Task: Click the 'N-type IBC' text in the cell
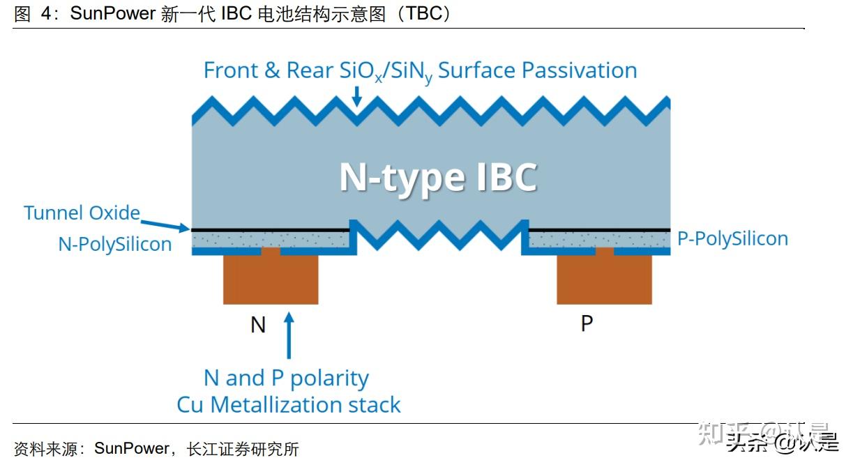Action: (x=438, y=177)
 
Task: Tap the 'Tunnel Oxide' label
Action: (x=82, y=213)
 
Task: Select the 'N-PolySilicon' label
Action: (x=115, y=244)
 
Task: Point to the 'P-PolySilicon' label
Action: (x=732, y=238)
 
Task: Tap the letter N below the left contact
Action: (x=258, y=325)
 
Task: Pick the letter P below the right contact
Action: (x=587, y=324)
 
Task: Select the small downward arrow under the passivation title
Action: (x=356, y=96)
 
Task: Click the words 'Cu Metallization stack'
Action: (x=289, y=404)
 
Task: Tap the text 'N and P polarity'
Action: (x=286, y=378)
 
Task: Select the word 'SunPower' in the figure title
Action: (x=112, y=14)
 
